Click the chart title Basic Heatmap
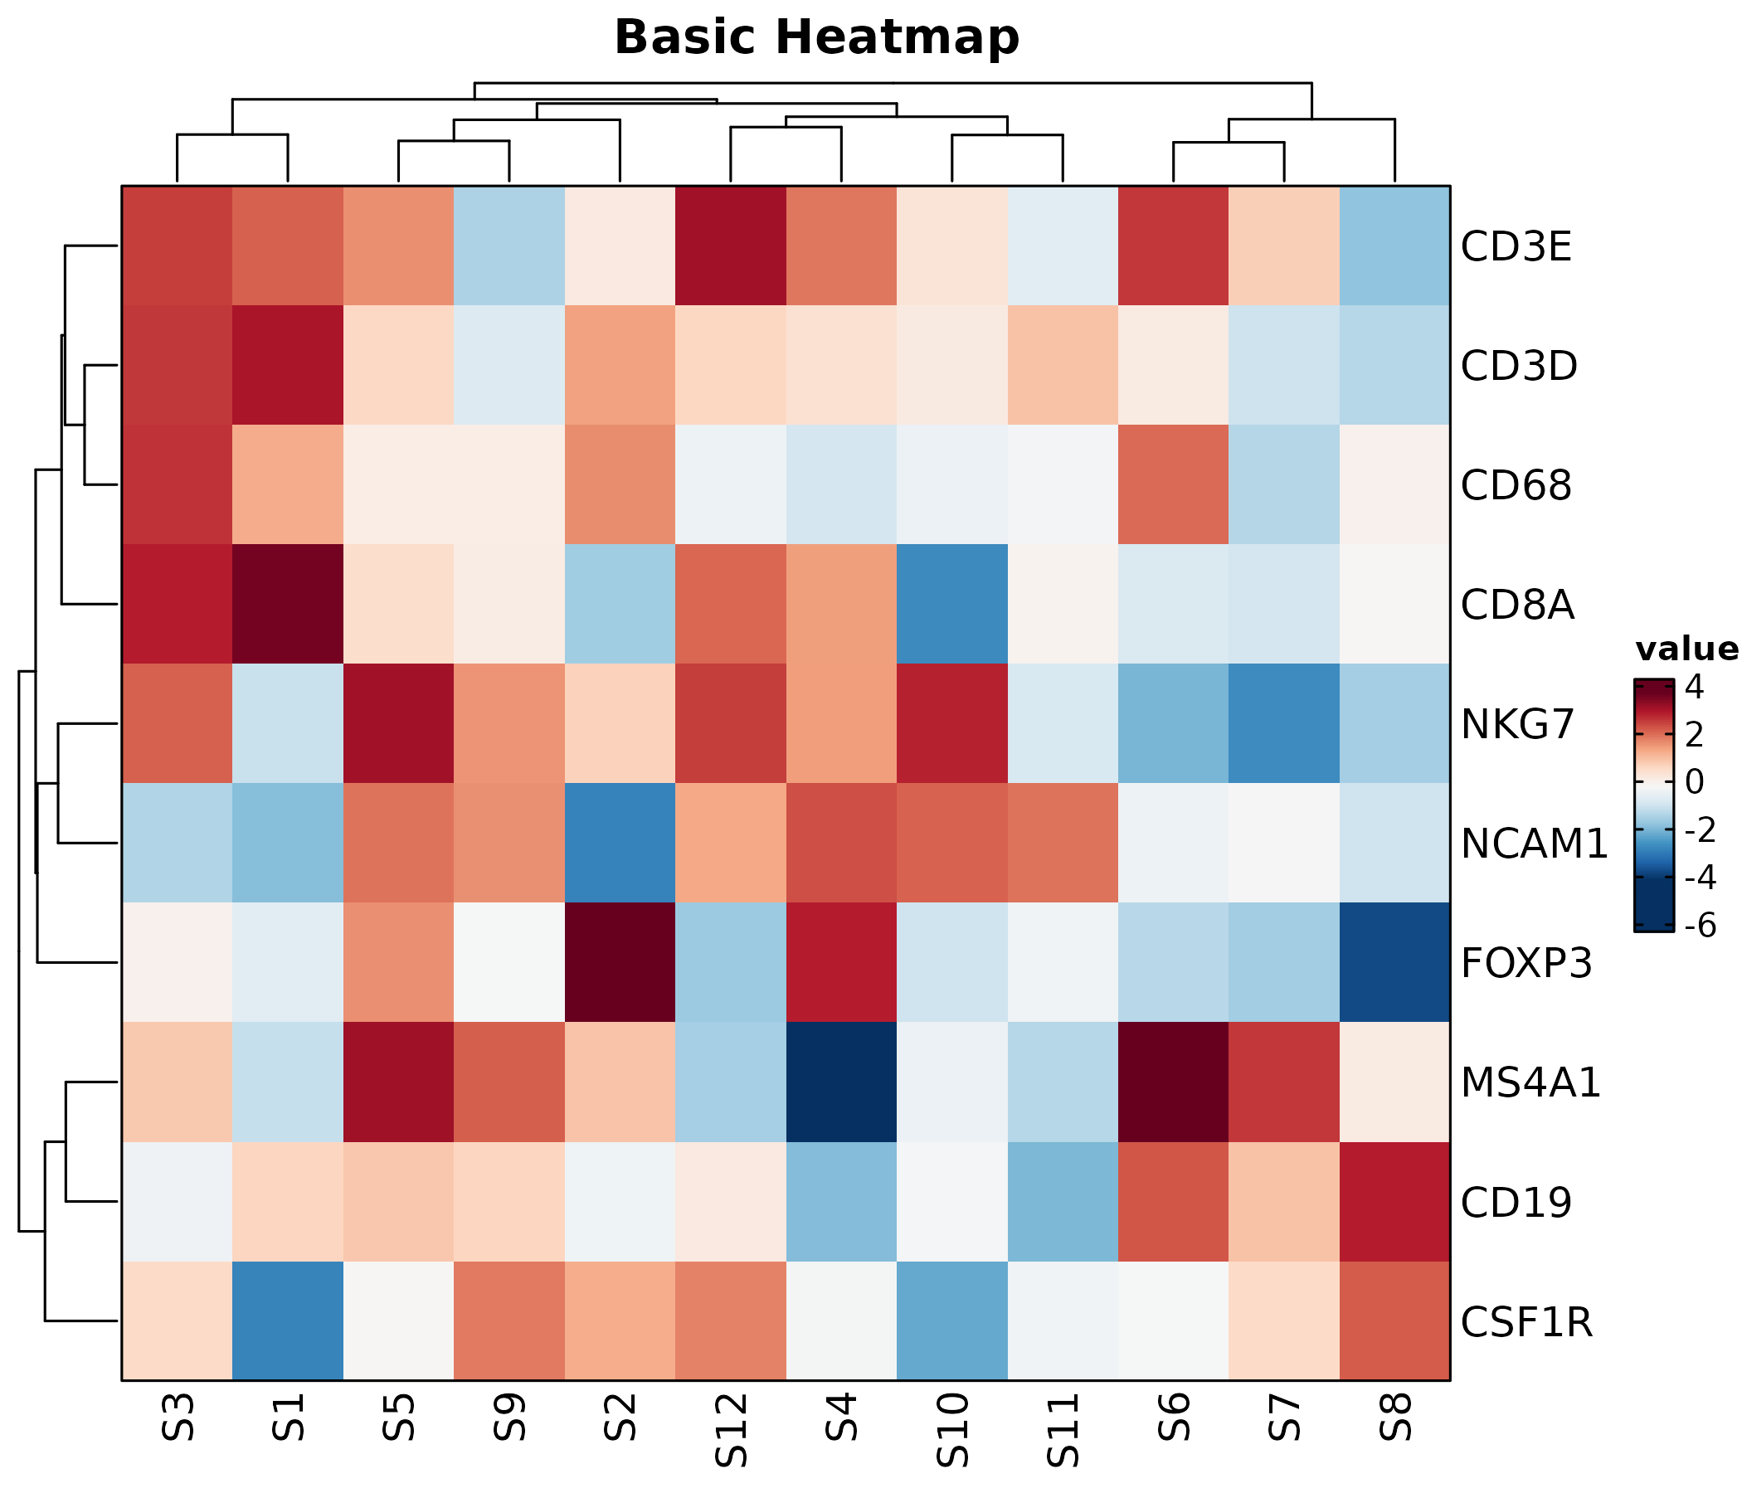(x=816, y=39)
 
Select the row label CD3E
(x=1516, y=247)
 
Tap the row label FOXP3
(x=1527, y=963)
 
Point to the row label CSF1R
(x=1527, y=1322)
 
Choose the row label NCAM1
(x=1535, y=844)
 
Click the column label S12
(x=731, y=1429)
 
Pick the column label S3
(x=178, y=1417)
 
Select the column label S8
(x=1394, y=1417)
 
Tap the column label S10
(x=952, y=1429)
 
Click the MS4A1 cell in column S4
(x=842, y=1082)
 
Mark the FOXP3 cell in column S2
(x=620, y=962)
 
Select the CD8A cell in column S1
(x=288, y=604)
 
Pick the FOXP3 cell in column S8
(x=1394, y=962)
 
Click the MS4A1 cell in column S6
(x=1174, y=1082)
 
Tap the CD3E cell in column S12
(x=731, y=246)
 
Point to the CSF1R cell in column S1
(x=288, y=1321)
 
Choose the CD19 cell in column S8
(x=1394, y=1202)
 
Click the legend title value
(x=1686, y=649)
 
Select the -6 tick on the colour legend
(x=1694, y=926)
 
